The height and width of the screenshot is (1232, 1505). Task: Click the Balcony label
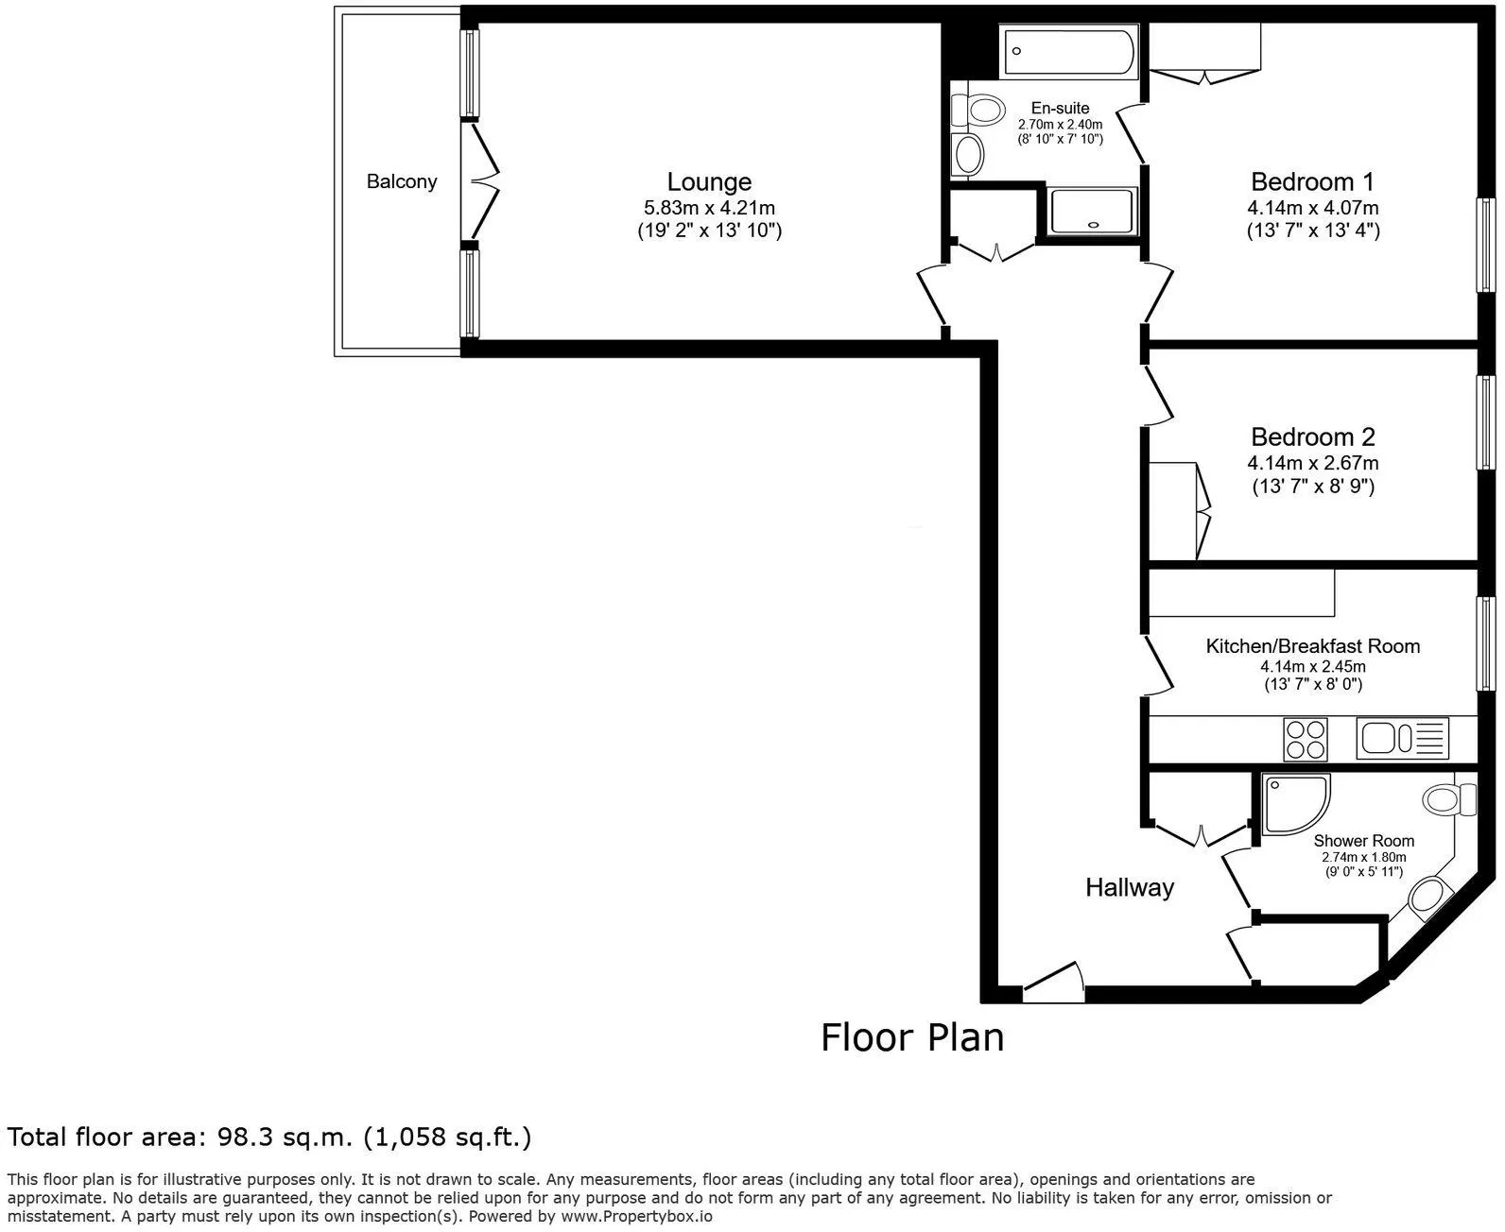coord(401,181)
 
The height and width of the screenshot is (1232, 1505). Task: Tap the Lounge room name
coord(709,181)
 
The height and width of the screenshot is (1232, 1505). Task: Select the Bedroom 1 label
coord(1312,181)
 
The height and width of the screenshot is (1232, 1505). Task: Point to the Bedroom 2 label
coord(1312,436)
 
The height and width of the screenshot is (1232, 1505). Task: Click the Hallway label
coord(1130,887)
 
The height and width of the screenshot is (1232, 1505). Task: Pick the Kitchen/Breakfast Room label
coord(1312,645)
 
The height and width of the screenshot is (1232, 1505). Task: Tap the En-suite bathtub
coord(1068,51)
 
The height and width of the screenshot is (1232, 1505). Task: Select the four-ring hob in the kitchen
coord(1306,739)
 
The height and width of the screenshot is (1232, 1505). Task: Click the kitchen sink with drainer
coord(1402,738)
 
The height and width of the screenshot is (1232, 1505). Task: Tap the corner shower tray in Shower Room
coord(1295,804)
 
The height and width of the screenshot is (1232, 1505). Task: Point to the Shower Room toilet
coord(1448,799)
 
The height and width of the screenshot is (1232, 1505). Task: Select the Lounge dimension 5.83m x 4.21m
coord(709,208)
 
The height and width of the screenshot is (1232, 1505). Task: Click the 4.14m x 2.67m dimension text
coord(1312,463)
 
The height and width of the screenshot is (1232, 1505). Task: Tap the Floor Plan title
coord(912,1038)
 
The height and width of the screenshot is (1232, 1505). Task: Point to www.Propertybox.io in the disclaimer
coord(636,1216)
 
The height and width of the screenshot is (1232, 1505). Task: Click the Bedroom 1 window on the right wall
coord(1486,245)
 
